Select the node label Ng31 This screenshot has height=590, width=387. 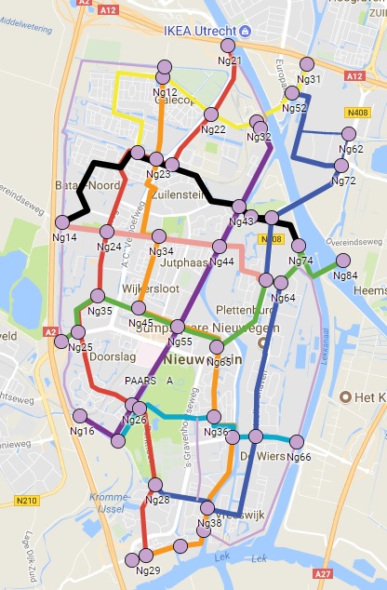coord(310,79)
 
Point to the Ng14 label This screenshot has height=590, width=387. coord(64,237)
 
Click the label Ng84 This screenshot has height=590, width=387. coord(345,275)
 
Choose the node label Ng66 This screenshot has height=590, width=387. coord(300,457)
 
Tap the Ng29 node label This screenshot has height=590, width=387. coord(149,570)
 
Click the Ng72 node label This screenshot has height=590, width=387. coord(343,181)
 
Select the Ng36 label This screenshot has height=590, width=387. coord(216,433)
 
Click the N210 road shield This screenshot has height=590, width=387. coord(25,502)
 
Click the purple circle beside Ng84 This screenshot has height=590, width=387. coord(342,261)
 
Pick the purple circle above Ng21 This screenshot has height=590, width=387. coord(234,48)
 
